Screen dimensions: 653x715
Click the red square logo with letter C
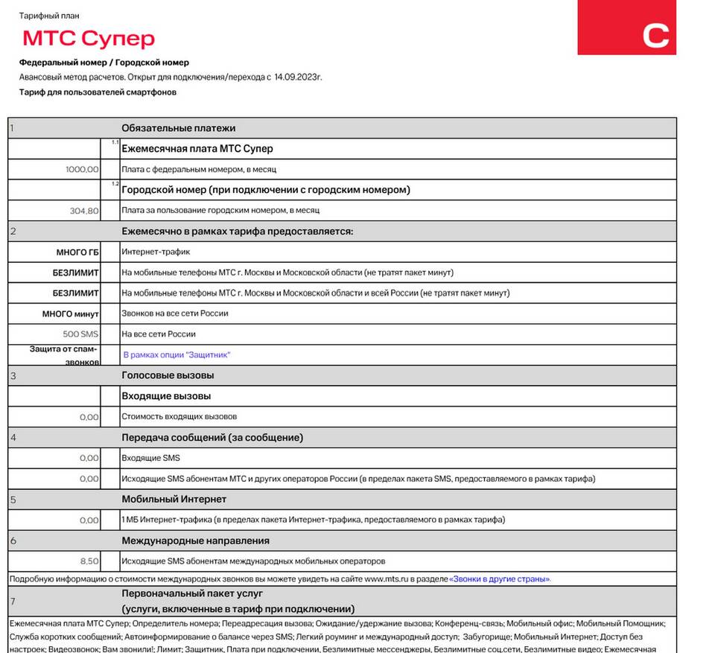click(x=626, y=28)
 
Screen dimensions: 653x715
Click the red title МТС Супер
click(x=89, y=38)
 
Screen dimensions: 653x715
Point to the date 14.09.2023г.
click(x=298, y=77)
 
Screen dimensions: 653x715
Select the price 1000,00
click(x=82, y=170)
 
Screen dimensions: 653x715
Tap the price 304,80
click(x=84, y=211)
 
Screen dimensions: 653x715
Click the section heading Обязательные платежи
click(x=178, y=128)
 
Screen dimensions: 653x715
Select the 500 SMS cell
click(x=81, y=334)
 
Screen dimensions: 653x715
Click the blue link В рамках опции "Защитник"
click(x=177, y=355)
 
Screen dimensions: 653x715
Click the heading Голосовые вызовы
click(x=168, y=375)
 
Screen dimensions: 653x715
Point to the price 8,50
click(x=89, y=561)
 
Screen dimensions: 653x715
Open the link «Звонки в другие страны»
click(x=499, y=579)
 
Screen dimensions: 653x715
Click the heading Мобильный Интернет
click(x=174, y=499)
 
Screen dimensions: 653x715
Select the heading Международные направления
click(x=195, y=541)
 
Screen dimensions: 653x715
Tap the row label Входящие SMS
click(x=150, y=458)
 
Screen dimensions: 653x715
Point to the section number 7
click(x=13, y=601)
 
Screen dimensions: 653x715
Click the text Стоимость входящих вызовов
click(x=179, y=416)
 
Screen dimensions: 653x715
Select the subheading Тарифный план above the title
click(x=49, y=16)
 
